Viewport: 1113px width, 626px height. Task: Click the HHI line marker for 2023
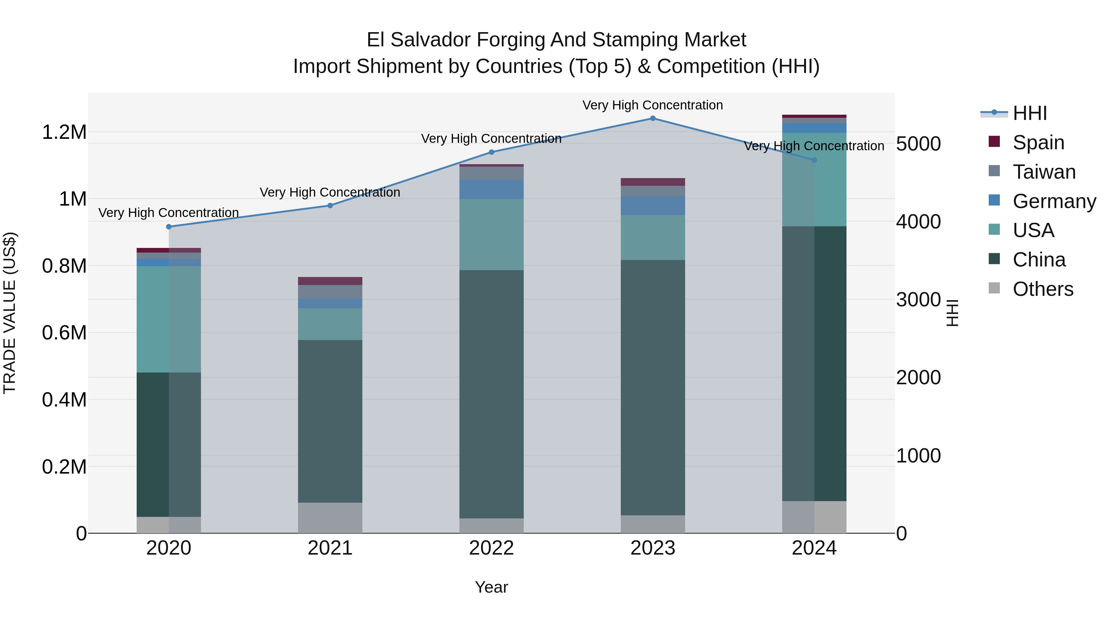(652, 118)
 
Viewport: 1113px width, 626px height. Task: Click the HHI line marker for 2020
(169, 227)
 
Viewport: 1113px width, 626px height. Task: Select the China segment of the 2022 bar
(491, 394)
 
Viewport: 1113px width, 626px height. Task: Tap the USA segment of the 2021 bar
(330, 324)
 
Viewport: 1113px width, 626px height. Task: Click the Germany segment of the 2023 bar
(652, 206)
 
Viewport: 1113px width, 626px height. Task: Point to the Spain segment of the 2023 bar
(652, 182)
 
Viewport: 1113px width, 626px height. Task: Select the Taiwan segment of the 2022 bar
(491, 173)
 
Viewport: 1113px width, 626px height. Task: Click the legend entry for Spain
(1038, 143)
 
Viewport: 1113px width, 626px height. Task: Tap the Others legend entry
(1042, 289)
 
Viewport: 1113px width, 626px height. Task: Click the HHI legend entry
(1029, 113)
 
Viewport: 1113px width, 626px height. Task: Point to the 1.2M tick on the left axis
(64, 132)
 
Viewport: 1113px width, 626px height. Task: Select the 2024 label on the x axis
(814, 548)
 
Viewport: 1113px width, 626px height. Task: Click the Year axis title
(491, 587)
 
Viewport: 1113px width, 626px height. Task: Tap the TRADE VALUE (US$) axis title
(10, 313)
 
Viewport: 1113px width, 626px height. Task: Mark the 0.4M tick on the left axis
(64, 400)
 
